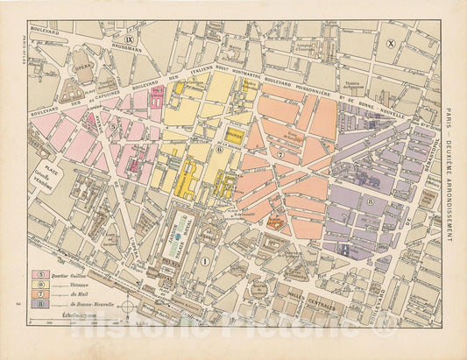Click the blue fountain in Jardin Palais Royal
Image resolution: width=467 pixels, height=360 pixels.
178,235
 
